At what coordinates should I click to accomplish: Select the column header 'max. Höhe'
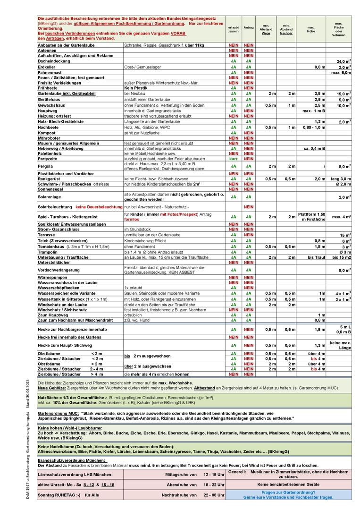[x=311, y=29]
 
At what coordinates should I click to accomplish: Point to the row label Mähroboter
[x=50, y=138]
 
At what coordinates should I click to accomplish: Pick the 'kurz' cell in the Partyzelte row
[x=233, y=158]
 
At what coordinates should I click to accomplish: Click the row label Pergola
[x=46, y=166]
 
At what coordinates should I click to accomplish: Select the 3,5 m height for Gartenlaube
[x=320, y=93]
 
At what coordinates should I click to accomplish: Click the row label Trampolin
[x=48, y=252]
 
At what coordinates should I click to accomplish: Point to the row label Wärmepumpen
[x=52, y=277]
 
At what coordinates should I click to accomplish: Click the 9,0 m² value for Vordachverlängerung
[x=343, y=270]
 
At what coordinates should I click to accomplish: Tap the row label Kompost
[x=47, y=133]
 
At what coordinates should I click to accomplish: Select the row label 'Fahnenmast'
[x=50, y=72]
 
